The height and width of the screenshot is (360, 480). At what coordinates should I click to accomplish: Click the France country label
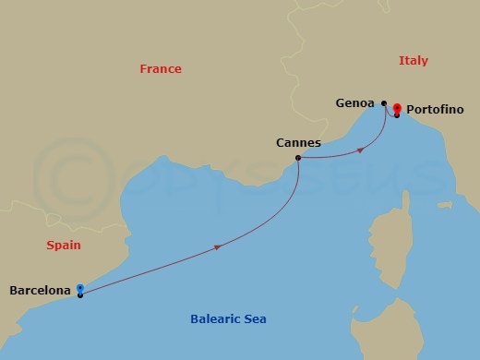click(x=161, y=69)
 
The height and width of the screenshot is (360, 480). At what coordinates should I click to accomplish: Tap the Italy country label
click(x=413, y=61)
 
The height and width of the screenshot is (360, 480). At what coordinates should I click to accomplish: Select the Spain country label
click(x=64, y=246)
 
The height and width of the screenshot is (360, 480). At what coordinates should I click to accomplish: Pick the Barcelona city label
click(x=40, y=291)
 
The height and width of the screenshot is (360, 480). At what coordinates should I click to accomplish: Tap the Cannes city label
click(x=298, y=143)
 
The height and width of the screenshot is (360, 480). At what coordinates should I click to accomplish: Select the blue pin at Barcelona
click(x=80, y=288)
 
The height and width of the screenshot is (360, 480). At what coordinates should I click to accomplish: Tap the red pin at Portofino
click(x=397, y=107)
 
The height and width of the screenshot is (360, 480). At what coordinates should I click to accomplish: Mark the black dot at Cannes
click(x=297, y=158)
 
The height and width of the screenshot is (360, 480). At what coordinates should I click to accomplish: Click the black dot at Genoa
click(x=383, y=103)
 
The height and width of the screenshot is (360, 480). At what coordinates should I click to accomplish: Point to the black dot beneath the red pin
click(x=397, y=114)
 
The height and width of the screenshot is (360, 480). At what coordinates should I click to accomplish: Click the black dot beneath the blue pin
click(x=80, y=295)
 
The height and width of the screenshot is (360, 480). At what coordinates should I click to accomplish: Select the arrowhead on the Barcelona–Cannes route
click(x=217, y=246)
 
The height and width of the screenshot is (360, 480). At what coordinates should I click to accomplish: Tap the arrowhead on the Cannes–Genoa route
click(x=358, y=149)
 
